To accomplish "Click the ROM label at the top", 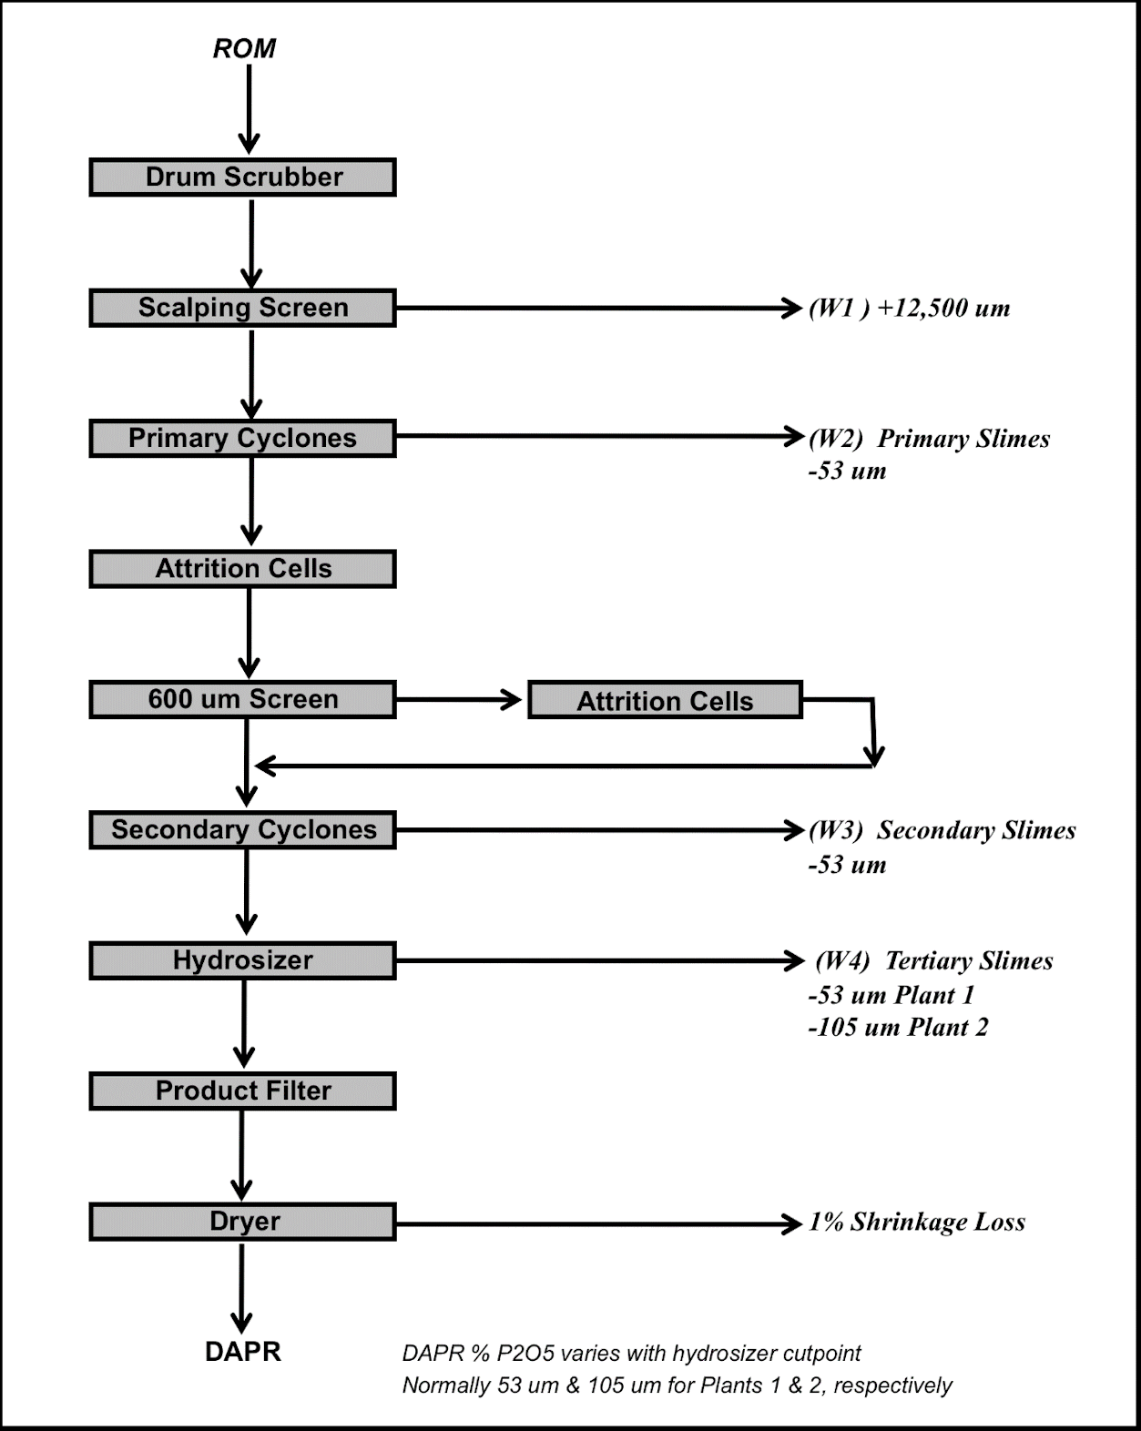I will [x=244, y=48].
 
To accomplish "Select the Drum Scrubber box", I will [x=243, y=178].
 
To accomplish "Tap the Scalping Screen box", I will [x=243, y=308].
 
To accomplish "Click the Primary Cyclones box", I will [x=243, y=438].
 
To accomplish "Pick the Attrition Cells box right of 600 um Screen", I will [x=665, y=700].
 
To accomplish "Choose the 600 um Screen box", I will [x=243, y=699].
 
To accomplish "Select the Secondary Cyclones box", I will [x=243, y=829].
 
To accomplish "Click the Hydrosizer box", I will [x=243, y=960].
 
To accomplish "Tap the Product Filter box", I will [x=243, y=1091].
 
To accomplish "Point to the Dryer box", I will [x=243, y=1222].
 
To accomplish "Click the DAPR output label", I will [x=243, y=1352].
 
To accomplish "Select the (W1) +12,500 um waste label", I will [x=910, y=308].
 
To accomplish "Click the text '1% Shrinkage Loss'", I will [x=917, y=1222].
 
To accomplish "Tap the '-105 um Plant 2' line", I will [x=898, y=1028].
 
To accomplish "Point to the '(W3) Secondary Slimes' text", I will [x=942, y=830].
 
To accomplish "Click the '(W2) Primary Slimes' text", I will [x=929, y=439].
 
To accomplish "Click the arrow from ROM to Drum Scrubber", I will [x=249, y=109].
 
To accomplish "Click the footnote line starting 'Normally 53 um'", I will [x=677, y=1385].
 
